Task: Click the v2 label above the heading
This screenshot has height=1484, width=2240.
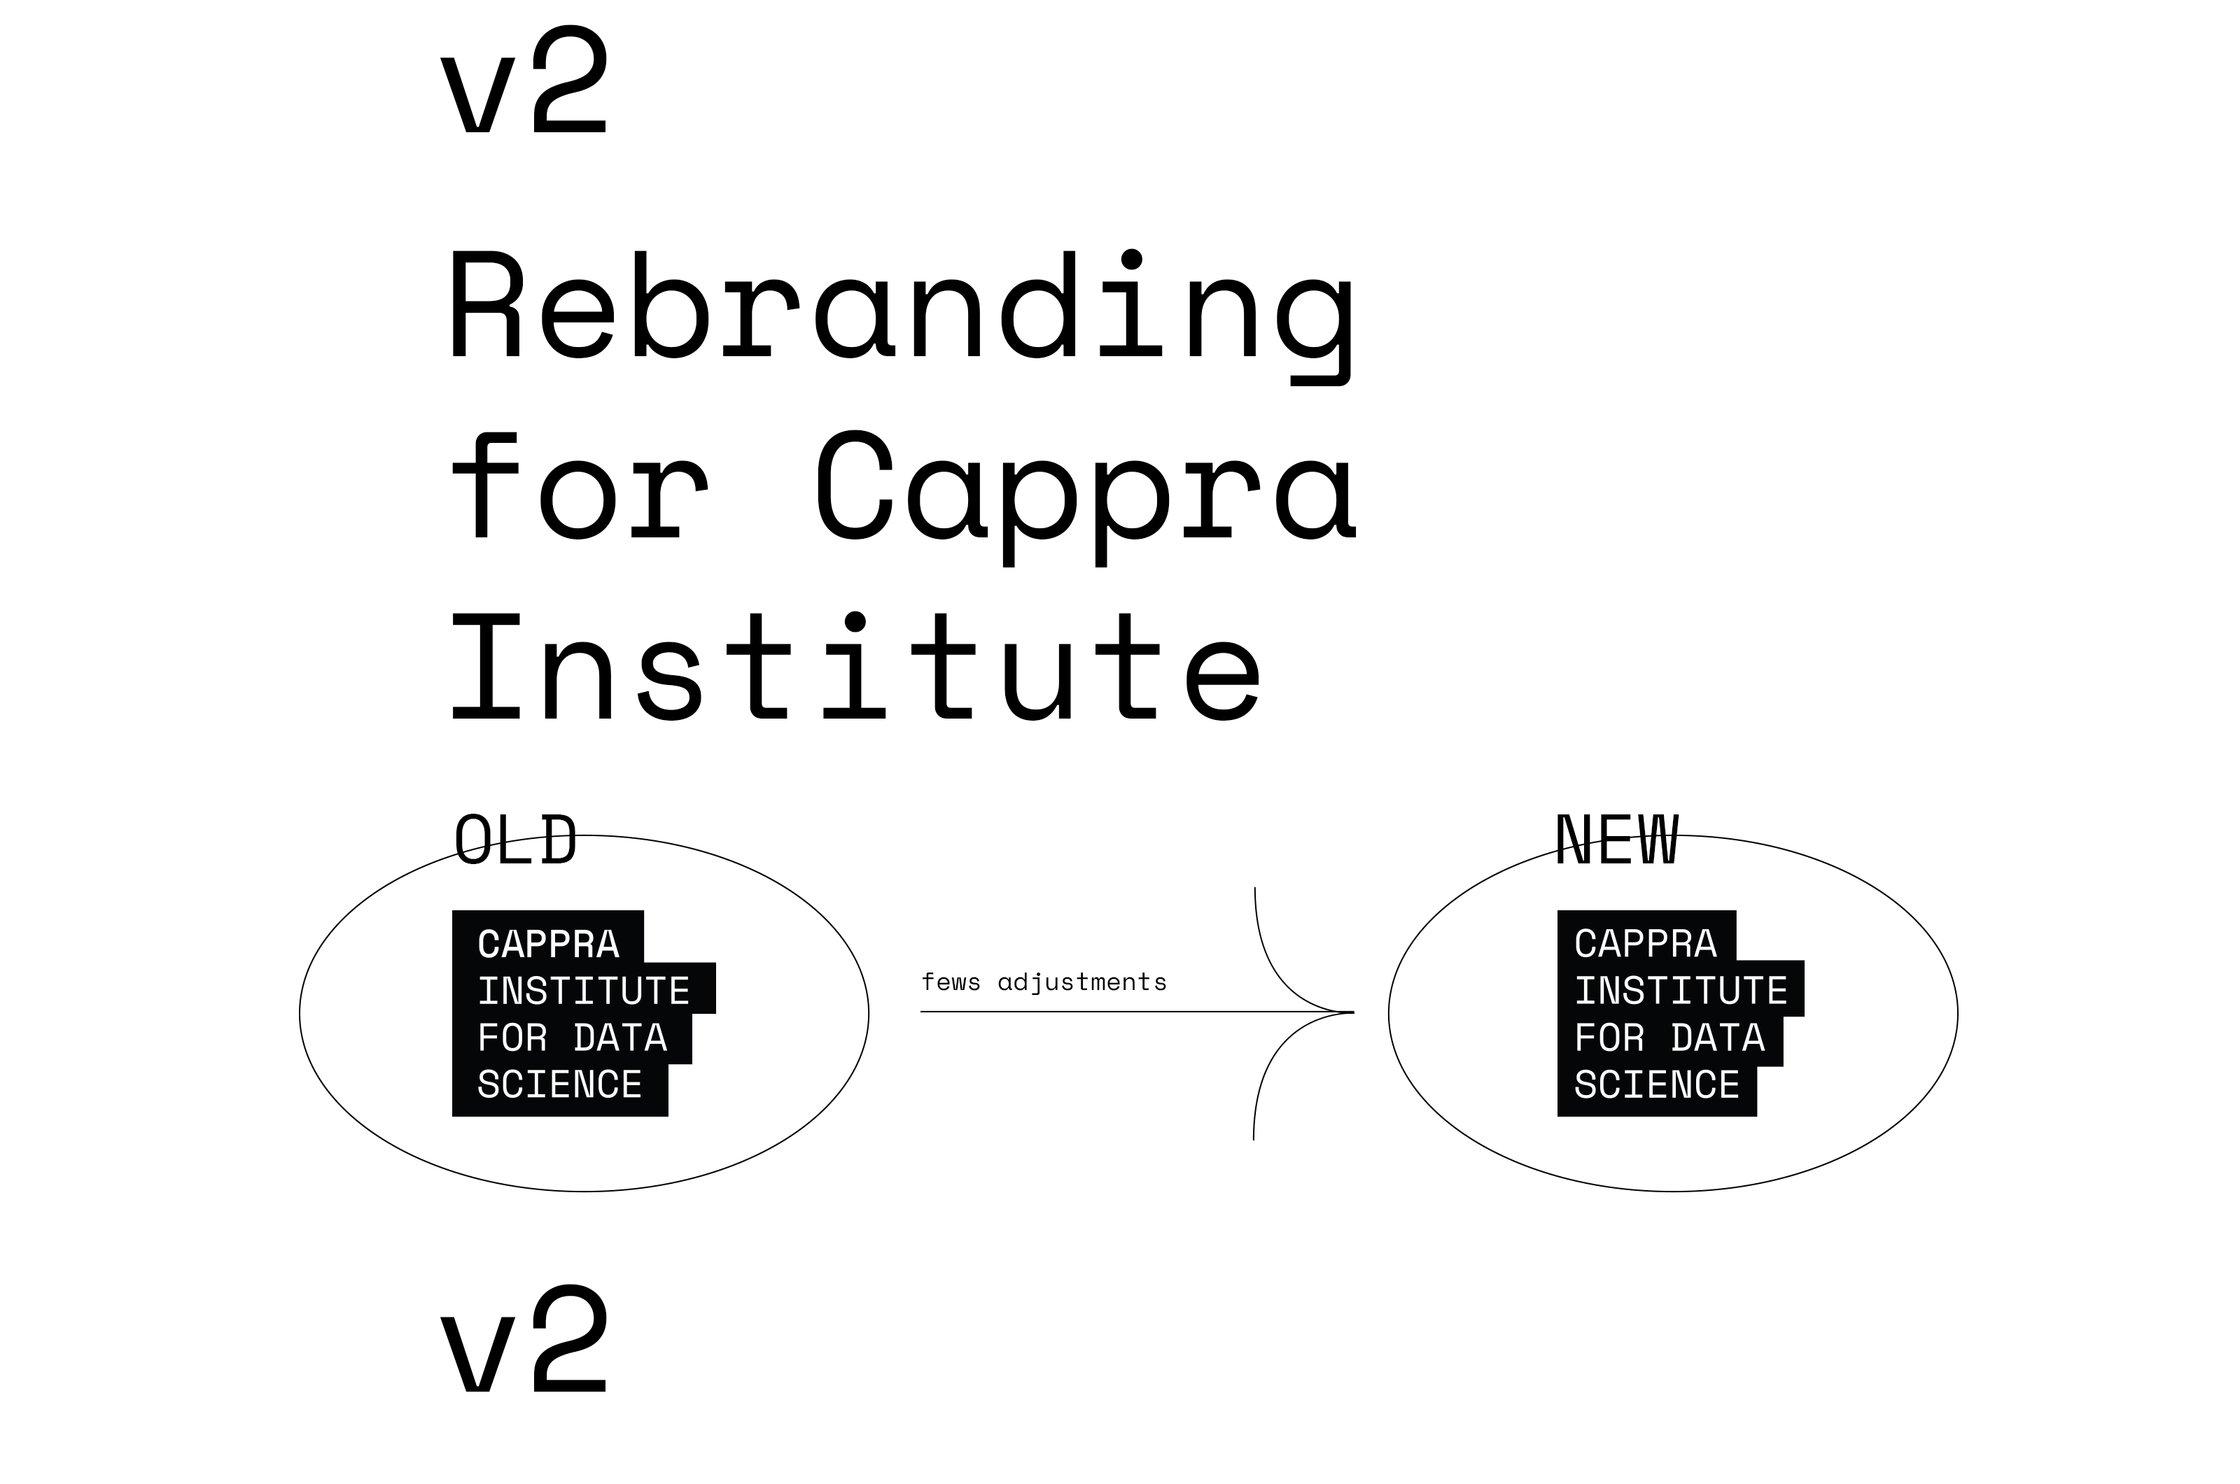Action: pos(524,80)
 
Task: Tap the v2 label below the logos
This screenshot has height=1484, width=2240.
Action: pos(524,1339)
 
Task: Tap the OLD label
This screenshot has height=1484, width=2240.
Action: pos(515,840)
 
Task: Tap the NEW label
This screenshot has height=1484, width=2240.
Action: pos(1617,840)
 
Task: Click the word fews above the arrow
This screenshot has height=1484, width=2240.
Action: pos(951,982)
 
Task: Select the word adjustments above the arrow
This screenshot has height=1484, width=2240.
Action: pos(1082,983)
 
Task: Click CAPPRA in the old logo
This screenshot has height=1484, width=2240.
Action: pos(548,945)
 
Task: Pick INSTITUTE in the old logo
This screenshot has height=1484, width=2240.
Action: pos(584,992)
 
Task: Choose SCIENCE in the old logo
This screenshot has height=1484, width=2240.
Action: pos(559,1084)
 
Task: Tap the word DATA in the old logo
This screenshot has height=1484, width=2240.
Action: pos(620,1038)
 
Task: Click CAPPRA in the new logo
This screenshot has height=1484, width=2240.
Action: pos(1646,944)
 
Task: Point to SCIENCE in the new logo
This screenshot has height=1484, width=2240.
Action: pos(1657,1084)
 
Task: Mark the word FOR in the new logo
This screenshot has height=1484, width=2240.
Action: pos(1609,1038)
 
